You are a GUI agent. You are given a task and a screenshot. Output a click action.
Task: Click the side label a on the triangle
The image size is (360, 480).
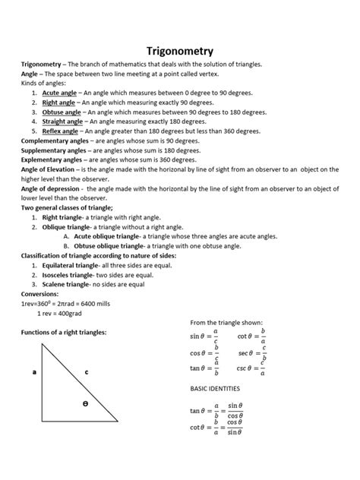point(34,373)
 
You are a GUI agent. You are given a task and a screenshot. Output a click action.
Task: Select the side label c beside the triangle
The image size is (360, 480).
point(87,373)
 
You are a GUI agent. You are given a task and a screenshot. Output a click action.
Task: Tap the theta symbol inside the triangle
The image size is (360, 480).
point(85,404)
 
